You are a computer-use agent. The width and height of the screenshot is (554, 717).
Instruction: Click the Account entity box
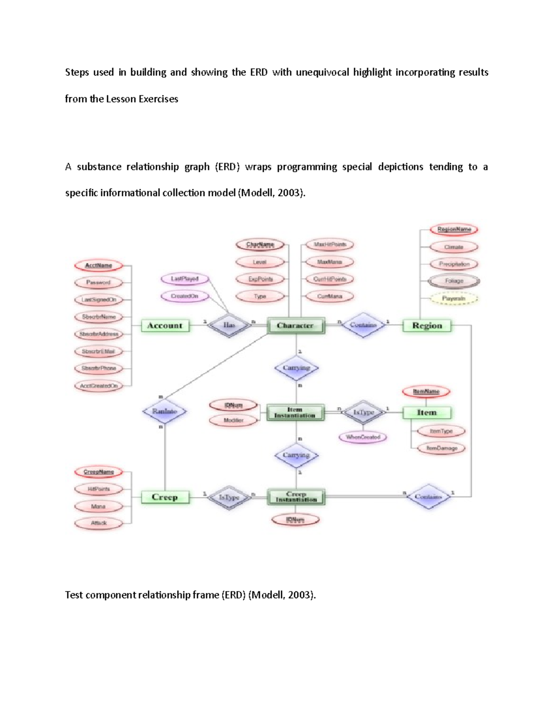point(165,325)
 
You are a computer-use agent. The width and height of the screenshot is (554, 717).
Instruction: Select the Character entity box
point(295,325)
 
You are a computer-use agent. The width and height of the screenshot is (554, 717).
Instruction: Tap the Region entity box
point(427,325)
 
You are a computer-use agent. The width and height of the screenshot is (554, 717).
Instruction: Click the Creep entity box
point(165,497)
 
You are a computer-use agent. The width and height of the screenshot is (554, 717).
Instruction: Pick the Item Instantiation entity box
point(295,412)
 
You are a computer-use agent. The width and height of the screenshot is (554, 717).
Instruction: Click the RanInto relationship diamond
point(164,411)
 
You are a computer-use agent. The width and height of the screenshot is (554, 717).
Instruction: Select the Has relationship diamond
point(229,325)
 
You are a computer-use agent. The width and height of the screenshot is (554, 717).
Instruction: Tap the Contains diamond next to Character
point(363,325)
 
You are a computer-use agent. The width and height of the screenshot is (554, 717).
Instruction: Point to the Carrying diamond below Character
point(296,368)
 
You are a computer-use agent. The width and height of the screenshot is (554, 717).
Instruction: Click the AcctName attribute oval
point(99,265)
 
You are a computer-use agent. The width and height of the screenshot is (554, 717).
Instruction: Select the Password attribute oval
point(98,282)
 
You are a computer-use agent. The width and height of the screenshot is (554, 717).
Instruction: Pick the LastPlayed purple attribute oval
point(185,279)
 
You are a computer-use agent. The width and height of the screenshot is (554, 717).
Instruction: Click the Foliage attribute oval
point(454,281)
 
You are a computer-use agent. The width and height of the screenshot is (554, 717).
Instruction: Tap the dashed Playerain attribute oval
point(454,299)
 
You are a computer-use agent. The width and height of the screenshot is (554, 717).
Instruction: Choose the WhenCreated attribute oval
point(363,437)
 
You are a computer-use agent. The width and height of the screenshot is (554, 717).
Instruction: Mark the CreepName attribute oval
point(99,472)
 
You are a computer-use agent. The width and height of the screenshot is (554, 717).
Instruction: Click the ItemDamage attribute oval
point(442,448)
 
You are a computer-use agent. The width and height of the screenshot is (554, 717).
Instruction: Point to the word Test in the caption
point(74,595)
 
